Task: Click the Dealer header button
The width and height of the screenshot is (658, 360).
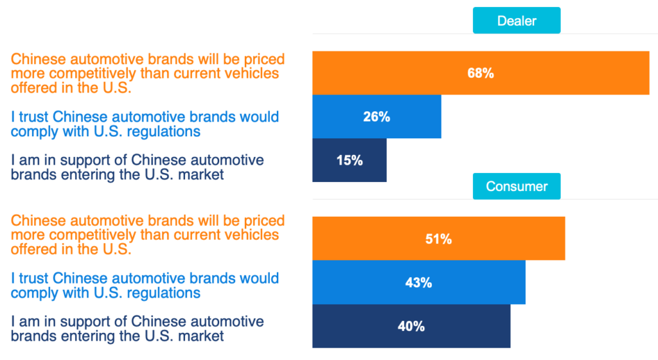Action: pyautogui.click(x=517, y=21)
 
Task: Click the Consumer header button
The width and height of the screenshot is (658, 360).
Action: pyautogui.click(x=517, y=186)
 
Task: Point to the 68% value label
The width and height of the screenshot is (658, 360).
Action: pyautogui.click(x=481, y=73)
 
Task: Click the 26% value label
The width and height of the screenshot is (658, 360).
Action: pyautogui.click(x=377, y=116)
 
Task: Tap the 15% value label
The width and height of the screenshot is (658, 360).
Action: pyautogui.click(x=350, y=160)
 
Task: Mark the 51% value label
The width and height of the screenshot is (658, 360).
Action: pyautogui.click(x=438, y=239)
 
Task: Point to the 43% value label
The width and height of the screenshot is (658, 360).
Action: pyautogui.click(x=418, y=282)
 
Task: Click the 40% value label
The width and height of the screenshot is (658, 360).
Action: pyautogui.click(x=411, y=326)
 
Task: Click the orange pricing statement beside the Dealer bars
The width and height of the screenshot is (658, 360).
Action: pyautogui.click(x=148, y=73)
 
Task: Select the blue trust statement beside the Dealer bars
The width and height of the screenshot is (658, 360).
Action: pyautogui.click(x=145, y=124)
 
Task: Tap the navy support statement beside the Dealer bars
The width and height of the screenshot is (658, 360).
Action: pyautogui.click(x=138, y=166)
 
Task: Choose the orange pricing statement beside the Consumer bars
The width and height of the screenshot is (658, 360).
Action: pyautogui.click(x=148, y=234)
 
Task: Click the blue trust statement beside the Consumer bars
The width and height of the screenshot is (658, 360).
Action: pyautogui.click(x=145, y=285)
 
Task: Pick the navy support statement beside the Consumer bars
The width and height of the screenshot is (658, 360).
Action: pyautogui.click(x=138, y=328)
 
